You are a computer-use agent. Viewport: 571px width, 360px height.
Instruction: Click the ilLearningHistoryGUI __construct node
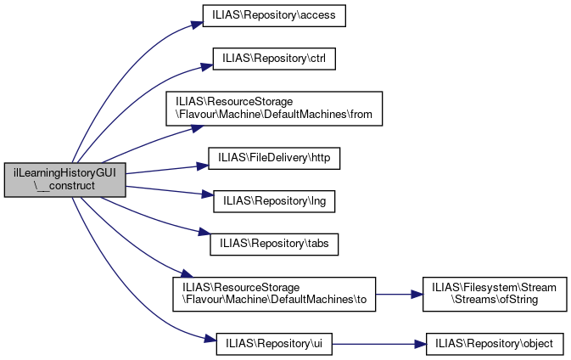(65, 179)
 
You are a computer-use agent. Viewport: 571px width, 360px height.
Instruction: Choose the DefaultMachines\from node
(275, 109)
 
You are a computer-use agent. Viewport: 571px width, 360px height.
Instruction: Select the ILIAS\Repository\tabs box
(275, 245)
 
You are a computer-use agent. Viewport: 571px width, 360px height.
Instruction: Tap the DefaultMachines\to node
(274, 294)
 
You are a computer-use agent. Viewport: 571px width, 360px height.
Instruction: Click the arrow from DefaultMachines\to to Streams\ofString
(395, 294)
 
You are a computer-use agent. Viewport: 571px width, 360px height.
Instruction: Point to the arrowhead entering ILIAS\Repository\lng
(207, 195)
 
